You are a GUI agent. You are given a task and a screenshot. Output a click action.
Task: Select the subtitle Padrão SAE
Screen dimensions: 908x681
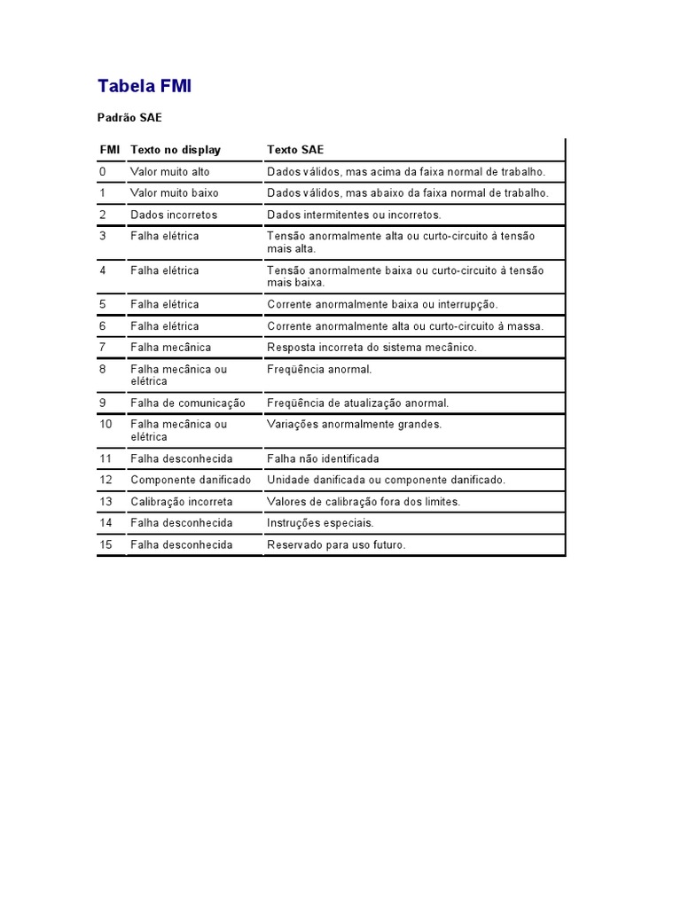(x=129, y=117)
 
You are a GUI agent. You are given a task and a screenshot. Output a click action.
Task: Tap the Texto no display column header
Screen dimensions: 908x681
(x=175, y=150)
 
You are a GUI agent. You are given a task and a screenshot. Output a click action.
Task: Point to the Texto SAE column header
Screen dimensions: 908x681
(x=295, y=150)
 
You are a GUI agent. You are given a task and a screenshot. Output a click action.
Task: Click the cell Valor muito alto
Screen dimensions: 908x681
(x=169, y=171)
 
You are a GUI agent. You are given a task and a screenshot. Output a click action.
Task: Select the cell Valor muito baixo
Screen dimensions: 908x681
(x=174, y=192)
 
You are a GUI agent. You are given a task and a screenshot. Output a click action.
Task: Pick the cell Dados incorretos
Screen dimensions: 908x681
(x=173, y=215)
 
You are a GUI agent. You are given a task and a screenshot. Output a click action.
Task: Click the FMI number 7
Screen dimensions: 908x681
(x=103, y=347)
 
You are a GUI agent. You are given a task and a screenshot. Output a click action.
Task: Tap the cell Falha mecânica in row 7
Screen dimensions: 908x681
(x=170, y=347)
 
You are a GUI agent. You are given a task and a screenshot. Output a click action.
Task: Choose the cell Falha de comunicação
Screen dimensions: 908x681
(x=187, y=403)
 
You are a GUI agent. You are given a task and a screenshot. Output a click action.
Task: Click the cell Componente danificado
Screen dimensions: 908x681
(x=191, y=480)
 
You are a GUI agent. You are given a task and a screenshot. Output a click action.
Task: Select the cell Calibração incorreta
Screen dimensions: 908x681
(x=181, y=501)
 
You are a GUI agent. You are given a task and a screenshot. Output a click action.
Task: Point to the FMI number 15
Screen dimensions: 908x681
(x=106, y=544)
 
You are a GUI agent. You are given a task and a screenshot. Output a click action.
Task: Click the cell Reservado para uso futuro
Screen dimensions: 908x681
(x=336, y=544)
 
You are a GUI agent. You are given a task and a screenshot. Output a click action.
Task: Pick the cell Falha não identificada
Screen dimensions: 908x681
(x=323, y=458)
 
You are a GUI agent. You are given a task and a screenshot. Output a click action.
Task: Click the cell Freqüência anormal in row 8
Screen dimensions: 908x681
(x=319, y=369)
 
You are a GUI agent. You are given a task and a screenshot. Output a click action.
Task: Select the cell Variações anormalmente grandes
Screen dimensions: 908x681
(x=354, y=424)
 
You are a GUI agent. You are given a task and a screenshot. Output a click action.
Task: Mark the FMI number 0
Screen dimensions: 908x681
(x=103, y=171)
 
